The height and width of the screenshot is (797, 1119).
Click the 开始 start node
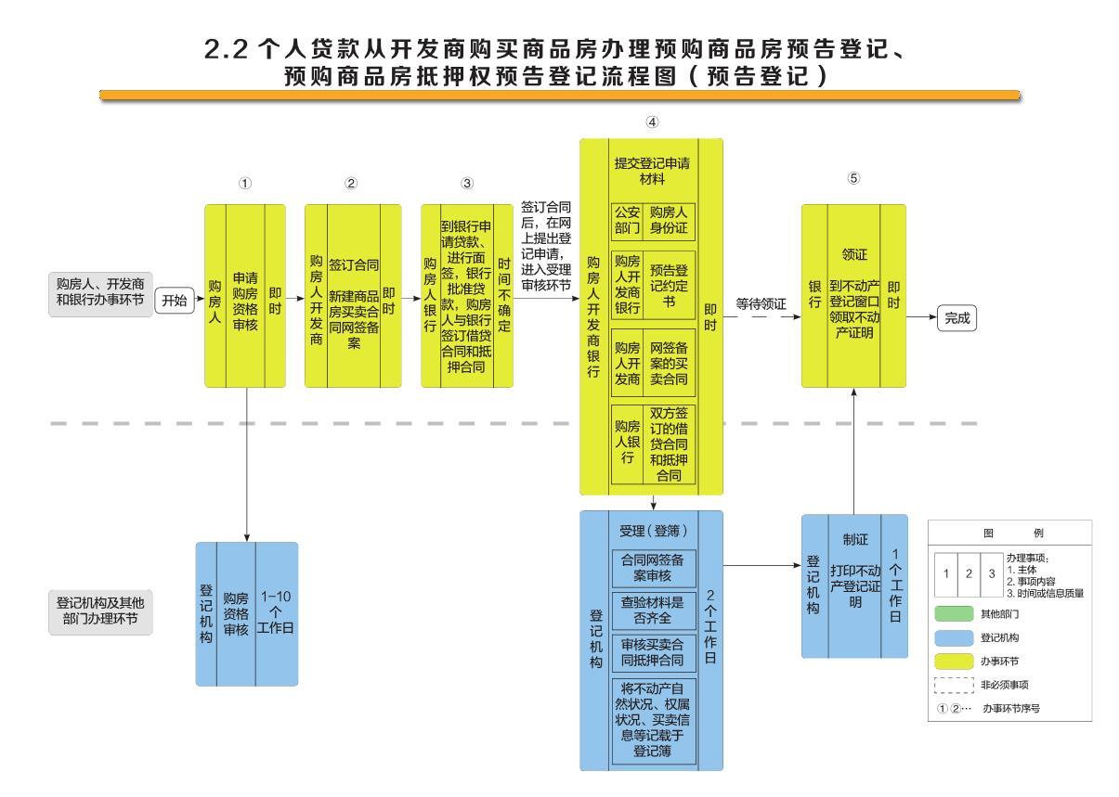[x=175, y=301]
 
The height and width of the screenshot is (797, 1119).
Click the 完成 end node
[x=956, y=316]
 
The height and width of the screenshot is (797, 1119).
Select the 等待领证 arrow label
[x=761, y=302]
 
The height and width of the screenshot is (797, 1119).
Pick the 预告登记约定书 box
[x=668, y=278]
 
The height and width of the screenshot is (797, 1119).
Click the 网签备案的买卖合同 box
[x=668, y=362]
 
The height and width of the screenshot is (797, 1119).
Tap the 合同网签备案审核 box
[x=652, y=567]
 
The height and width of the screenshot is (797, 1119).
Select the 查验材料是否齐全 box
[x=652, y=608]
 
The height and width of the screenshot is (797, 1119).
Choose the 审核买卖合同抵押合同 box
[x=652, y=652]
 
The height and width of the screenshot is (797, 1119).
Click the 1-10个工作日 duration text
[x=276, y=611]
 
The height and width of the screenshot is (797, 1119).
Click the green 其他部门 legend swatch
[x=953, y=613]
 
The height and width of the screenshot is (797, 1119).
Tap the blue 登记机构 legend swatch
[x=953, y=638]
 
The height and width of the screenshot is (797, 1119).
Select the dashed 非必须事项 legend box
[x=953, y=686]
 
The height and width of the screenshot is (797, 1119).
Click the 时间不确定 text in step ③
[x=502, y=294]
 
